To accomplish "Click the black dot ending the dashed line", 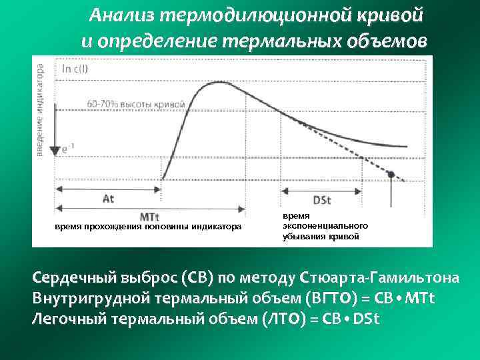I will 391,175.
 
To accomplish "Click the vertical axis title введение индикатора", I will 41,110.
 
